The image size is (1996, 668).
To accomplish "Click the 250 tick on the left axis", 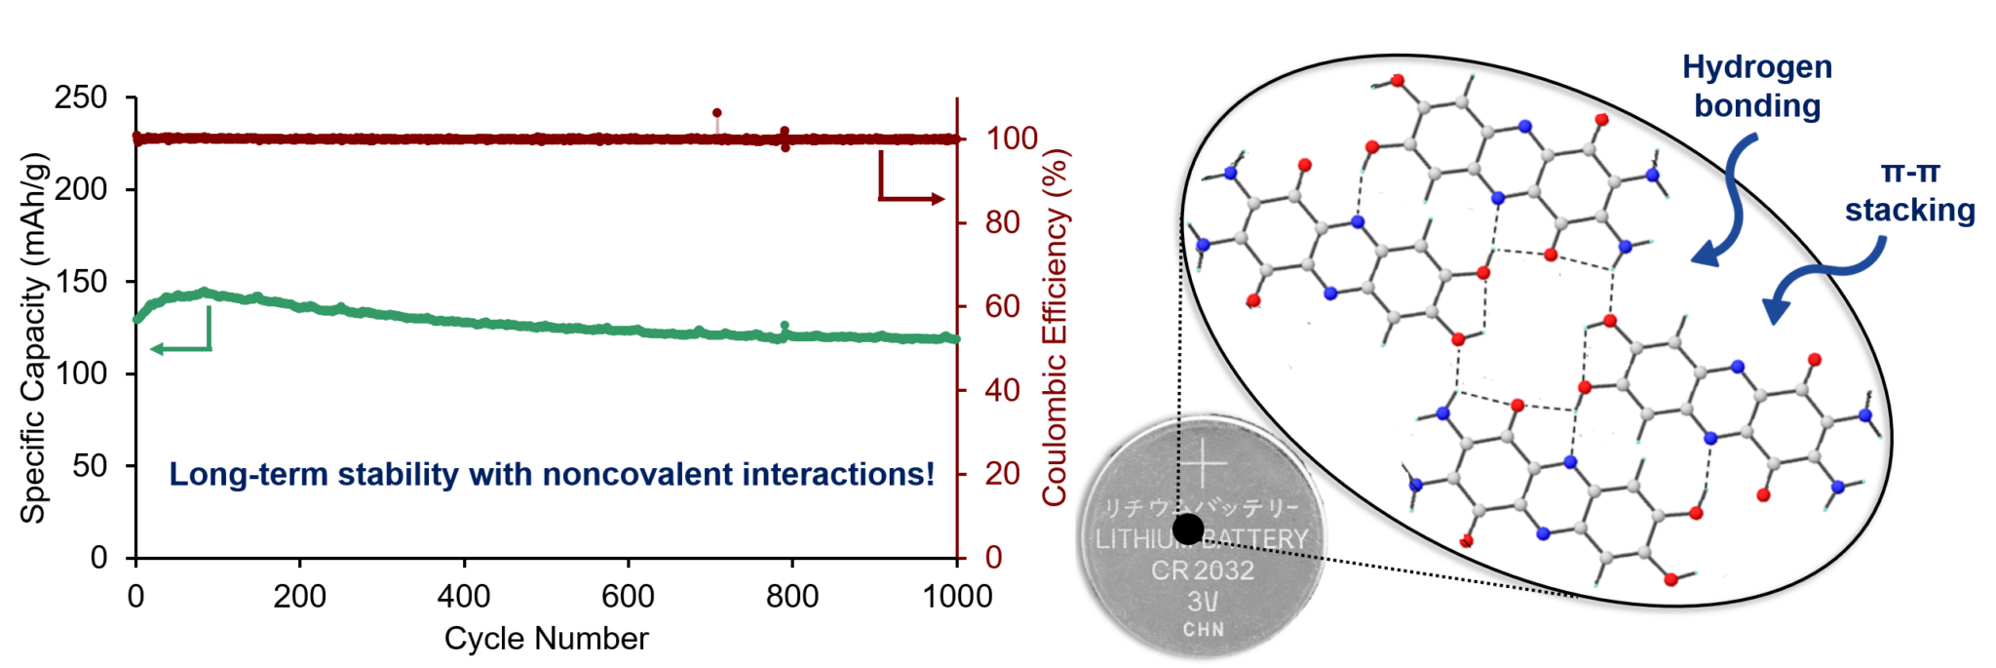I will coord(82,98).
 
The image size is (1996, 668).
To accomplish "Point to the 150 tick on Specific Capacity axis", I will coord(82,282).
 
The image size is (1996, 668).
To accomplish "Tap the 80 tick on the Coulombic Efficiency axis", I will coord(1003,223).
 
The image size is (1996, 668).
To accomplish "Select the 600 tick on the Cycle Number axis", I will coord(628,596).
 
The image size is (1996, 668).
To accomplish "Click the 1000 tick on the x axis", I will coord(957,596).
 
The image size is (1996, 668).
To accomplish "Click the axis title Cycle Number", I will coord(546,639).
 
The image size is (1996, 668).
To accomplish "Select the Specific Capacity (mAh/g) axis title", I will coord(34,337).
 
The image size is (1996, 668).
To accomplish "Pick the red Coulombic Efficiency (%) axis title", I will coord(1056,328).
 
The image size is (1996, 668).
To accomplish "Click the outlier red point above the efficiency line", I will coord(717,113).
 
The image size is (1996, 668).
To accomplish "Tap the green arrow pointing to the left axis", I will coord(180,347).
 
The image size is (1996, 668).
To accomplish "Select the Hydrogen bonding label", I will coord(1757,86).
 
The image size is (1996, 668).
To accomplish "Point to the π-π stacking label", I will coord(1909,191).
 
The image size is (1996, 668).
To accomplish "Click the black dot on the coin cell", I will coord(1188,530).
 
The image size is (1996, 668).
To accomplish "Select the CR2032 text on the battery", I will coord(1203,570).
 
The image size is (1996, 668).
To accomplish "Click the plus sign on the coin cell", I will coord(1206,463).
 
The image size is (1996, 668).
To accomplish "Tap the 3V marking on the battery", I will coord(1203,601).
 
